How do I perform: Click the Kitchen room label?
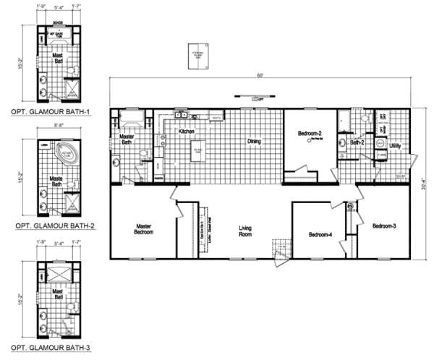pos(189,132)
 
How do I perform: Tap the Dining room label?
pos(253,142)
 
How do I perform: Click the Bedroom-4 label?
pos(320,234)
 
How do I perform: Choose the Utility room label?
pos(396,146)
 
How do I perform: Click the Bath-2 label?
pos(357,143)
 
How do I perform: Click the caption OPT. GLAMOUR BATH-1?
pos(48,113)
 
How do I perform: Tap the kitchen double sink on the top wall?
pos(182,114)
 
